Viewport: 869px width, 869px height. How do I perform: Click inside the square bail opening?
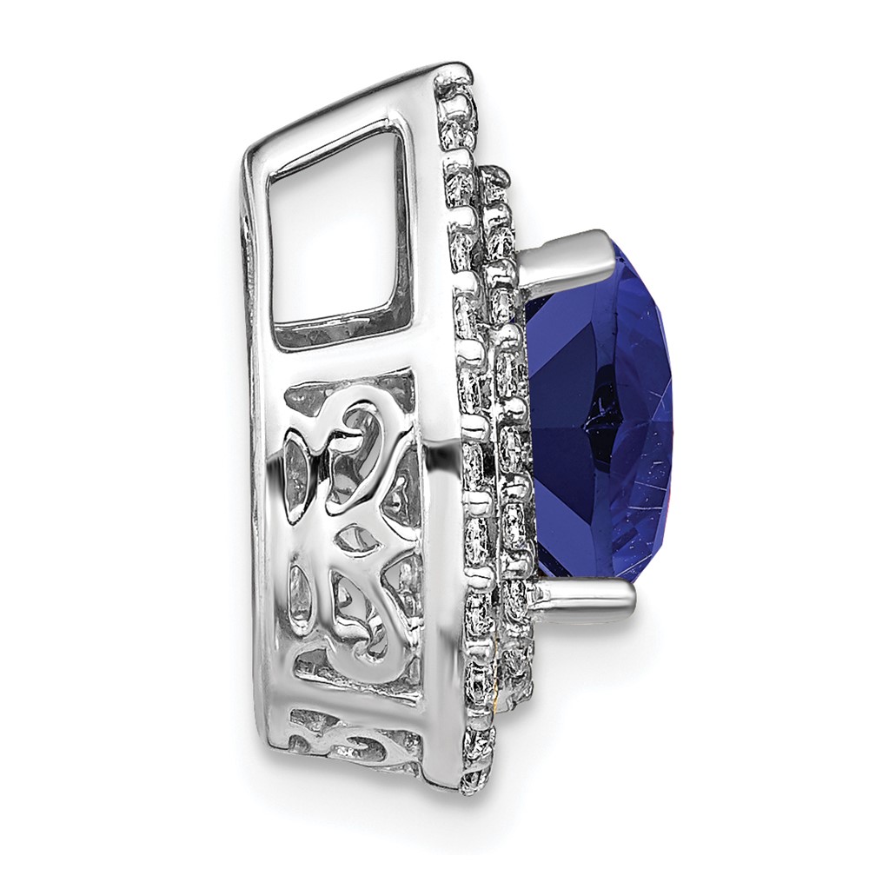pos(339,235)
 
